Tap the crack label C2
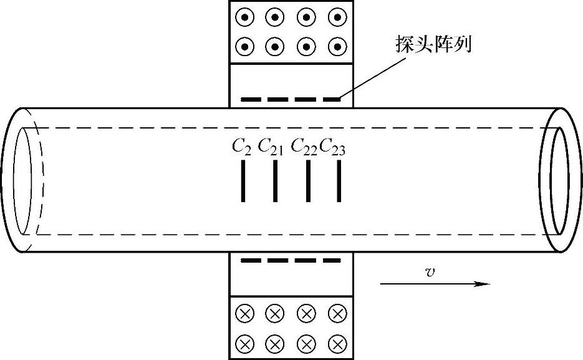[x=241, y=147]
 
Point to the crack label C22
[x=304, y=147]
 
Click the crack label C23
[x=333, y=147]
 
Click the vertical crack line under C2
[x=243, y=181]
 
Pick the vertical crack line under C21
[x=275, y=181]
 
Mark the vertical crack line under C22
[x=308, y=181]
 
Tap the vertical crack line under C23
[x=339, y=181]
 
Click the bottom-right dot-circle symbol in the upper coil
[x=337, y=46]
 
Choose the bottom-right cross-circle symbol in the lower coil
[x=337, y=343]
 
